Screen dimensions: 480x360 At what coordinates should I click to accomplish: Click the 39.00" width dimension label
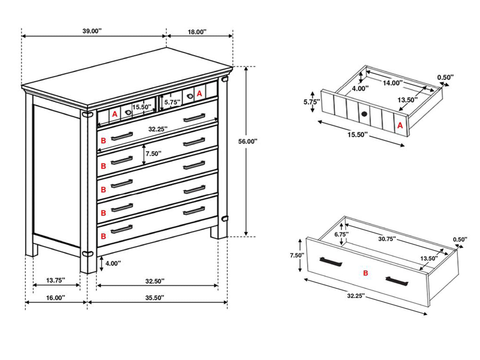click(x=92, y=31)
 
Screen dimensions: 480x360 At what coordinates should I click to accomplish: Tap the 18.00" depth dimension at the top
click(x=197, y=32)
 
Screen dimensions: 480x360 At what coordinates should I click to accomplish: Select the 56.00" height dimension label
click(x=248, y=141)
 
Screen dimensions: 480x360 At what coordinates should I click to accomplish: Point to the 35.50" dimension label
click(x=155, y=298)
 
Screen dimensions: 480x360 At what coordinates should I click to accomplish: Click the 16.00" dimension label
click(x=56, y=298)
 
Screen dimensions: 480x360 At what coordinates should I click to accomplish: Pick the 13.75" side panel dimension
click(x=56, y=280)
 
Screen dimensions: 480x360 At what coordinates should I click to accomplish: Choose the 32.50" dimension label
click(x=155, y=281)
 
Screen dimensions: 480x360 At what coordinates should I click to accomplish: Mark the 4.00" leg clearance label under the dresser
click(x=113, y=263)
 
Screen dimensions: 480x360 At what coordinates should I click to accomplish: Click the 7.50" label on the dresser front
click(x=154, y=154)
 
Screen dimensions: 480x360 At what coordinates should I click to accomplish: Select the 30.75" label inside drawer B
click(x=387, y=239)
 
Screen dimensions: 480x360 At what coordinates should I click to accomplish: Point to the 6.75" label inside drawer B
click(x=341, y=234)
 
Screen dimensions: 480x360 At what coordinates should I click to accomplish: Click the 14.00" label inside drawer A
click(x=393, y=83)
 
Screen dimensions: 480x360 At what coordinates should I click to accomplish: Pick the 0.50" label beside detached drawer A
click(x=445, y=77)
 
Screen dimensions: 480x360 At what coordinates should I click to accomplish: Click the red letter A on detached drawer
click(x=400, y=125)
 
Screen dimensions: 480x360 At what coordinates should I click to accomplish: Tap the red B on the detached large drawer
click(x=365, y=273)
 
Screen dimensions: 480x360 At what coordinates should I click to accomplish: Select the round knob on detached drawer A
click(x=364, y=114)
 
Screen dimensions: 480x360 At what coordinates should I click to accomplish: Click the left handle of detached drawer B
click(x=331, y=261)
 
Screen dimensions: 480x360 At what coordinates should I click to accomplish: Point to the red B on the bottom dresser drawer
click(x=104, y=236)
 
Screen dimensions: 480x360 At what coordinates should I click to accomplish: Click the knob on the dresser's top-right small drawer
click(x=190, y=96)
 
